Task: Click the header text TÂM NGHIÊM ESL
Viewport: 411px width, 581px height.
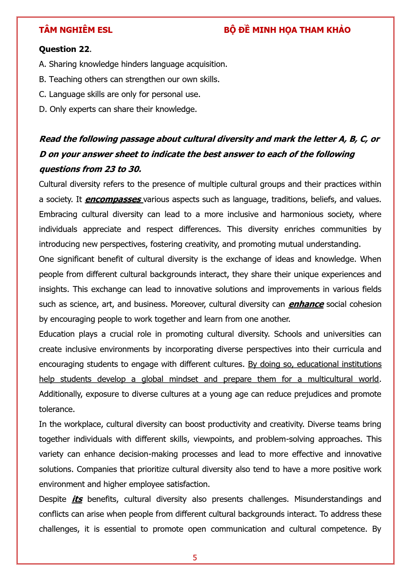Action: click(76, 30)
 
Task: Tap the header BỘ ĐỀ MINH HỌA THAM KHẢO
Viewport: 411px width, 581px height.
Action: click(287, 30)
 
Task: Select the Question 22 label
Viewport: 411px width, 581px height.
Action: click(64, 49)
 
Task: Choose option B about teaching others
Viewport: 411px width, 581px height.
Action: click(129, 79)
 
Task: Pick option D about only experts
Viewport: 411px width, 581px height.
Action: click(118, 109)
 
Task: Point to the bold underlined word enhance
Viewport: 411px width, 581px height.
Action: click(306, 304)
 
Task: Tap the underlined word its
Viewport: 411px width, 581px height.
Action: click(77, 499)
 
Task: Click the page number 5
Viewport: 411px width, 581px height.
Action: click(195, 558)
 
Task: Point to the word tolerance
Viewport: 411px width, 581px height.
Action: click(57, 409)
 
